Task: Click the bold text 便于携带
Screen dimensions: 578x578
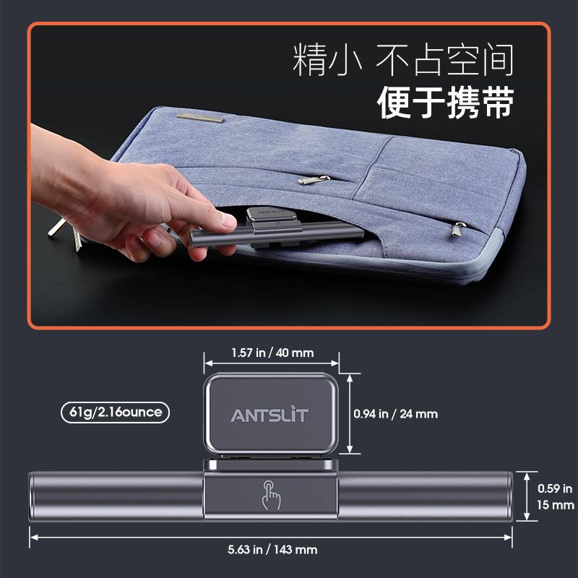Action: (445, 103)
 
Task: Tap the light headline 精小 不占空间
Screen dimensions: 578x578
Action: (403, 61)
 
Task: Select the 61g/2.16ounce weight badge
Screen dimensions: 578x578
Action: (116, 413)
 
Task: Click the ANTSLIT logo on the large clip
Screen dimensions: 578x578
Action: (269, 415)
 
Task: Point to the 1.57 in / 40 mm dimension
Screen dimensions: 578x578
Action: (272, 353)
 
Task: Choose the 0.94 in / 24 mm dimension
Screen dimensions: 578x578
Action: (396, 414)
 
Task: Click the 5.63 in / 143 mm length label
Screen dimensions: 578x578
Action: (272, 549)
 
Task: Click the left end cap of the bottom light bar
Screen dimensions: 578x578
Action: (32, 497)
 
